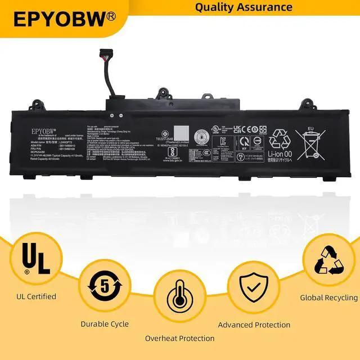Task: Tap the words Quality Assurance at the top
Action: pos(244,7)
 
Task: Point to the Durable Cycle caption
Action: pos(105,324)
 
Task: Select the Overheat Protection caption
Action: pos(179,338)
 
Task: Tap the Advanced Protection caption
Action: pos(254,325)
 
